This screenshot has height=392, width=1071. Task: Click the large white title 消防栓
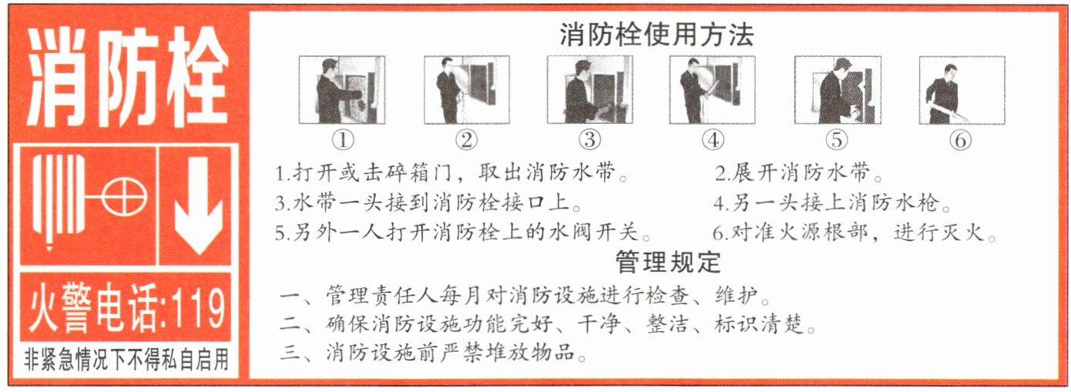click(126, 76)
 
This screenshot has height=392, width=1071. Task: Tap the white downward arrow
click(197, 206)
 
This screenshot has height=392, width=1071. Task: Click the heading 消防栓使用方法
click(656, 35)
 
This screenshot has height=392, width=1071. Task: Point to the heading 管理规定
click(667, 262)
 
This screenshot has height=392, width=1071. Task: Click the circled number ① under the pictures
click(343, 140)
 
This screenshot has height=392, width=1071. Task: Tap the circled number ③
click(589, 140)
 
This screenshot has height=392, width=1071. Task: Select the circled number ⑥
click(961, 140)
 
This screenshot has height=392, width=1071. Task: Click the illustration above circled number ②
click(467, 89)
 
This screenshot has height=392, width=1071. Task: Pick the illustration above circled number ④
click(712, 89)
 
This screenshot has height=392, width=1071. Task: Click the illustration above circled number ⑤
click(838, 89)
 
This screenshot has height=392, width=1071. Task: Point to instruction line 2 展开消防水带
click(798, 173)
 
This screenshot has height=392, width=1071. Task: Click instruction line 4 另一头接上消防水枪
click(832, 203)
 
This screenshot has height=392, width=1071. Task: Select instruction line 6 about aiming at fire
click(854, 233)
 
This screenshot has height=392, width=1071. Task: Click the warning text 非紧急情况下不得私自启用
click(126, 360)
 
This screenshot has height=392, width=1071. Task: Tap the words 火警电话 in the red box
click(92, 308)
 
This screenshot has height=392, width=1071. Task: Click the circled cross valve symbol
click(124, 197)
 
